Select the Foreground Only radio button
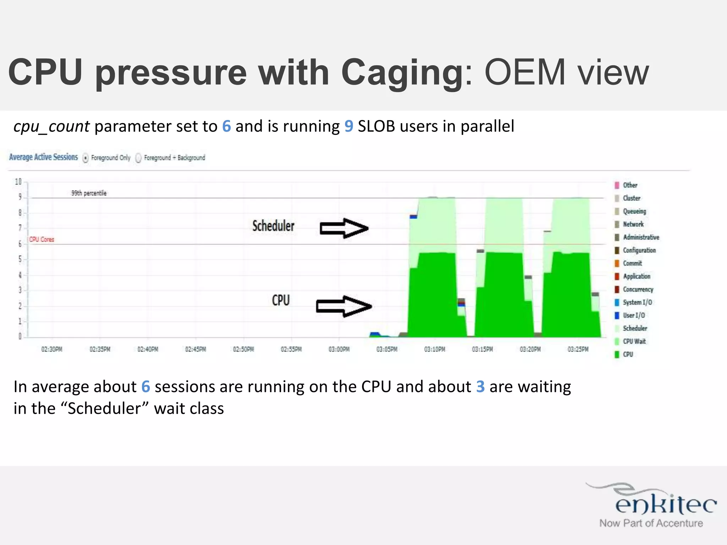coord(86,158)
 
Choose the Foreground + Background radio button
coord(138,158)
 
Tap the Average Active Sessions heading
coord(43,157)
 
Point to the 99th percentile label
coord(89,193)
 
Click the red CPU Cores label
coord(42,240)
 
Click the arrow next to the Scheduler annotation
coord(344,228)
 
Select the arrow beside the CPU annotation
coord(343,306)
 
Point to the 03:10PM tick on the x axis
coord(434,349)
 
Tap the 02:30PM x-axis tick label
coord(52,349)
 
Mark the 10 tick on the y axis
coord(18,182)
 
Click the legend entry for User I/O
coord(634,315)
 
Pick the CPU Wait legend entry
coord(634,341)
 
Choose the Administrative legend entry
coord(641,237)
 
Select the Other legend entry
coord(630,185)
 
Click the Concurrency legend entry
coord(638,290)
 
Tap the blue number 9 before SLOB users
coord(349,127)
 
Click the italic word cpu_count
coord(51,127)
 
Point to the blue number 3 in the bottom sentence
coord(480,387)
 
